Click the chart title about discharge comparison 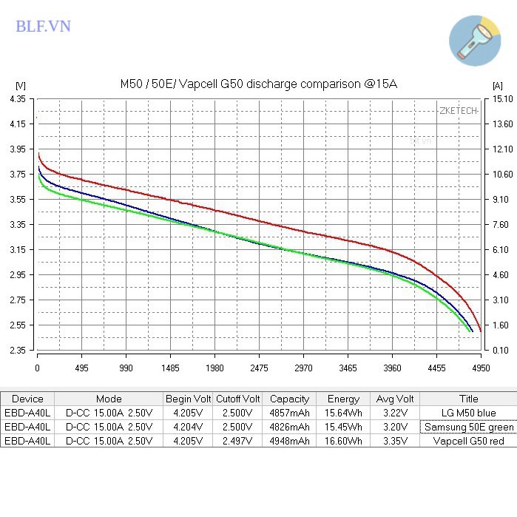tap(259, 84)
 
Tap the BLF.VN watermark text tap(43, 26)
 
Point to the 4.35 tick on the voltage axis tap(18, 98)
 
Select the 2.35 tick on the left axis tap(18, 351)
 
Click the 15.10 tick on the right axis tap(501, 98)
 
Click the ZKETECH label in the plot tap(458, 110)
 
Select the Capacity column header tap(289, 399)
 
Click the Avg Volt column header tap(394, 399)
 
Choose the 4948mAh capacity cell tap(289, 441)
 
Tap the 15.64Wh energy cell tap(344, 413)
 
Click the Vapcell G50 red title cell tap(467, 441)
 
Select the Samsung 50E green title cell tap(469, 427)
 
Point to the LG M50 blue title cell tap(467, 413)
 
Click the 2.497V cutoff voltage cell tap(237, 441)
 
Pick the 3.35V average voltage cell tap(394, 441)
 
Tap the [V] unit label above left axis tap(20, 86)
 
